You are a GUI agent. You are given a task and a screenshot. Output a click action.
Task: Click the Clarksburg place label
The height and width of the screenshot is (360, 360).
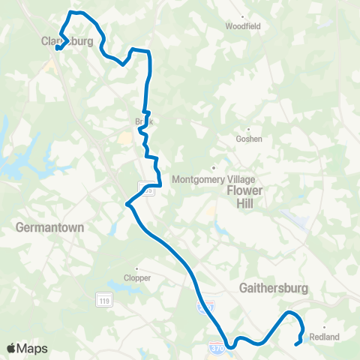pyautogui.click(x=67, y=42)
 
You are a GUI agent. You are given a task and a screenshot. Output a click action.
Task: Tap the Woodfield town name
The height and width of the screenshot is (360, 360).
pyautogui.click(x=243, y=25)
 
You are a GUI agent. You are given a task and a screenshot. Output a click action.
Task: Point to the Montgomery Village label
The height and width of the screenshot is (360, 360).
pyautogui.click(x=214, y=179)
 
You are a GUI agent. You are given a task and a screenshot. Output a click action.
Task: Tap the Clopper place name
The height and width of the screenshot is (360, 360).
pyautogui.click(x=136, y=277)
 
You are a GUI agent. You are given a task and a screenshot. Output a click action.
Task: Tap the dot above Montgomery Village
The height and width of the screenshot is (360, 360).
pyautogui.click(x=214, y=168)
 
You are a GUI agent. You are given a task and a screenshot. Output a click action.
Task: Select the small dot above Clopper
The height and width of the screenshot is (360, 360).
pyautogui.click(x=136, y=268)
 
